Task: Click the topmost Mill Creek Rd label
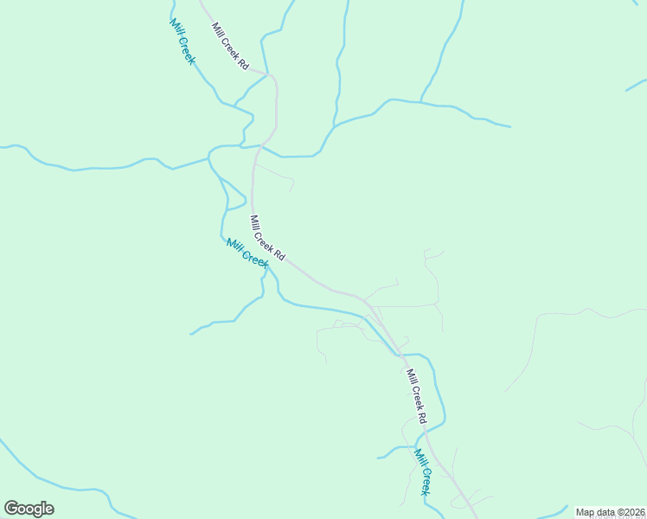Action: [x=230, y=47]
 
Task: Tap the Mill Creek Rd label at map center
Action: [x=267, y=238]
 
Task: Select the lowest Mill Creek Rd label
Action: [x=416, y=396]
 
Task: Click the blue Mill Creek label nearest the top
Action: [x=183, y=42]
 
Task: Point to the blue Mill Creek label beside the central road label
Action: [x=247, y=252]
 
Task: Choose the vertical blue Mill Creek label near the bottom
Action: [x=422, y=472]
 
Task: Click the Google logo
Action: [x=29, y=509]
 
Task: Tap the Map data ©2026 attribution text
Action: [x=610, y=512]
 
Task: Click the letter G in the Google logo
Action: [x=11, y=508]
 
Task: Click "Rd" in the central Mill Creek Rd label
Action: [x=279, y=255]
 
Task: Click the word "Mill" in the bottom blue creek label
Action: [x=419, y=458]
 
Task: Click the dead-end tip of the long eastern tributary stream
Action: [x=510, y=126]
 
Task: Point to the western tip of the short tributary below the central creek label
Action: [x=191, y=332]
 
